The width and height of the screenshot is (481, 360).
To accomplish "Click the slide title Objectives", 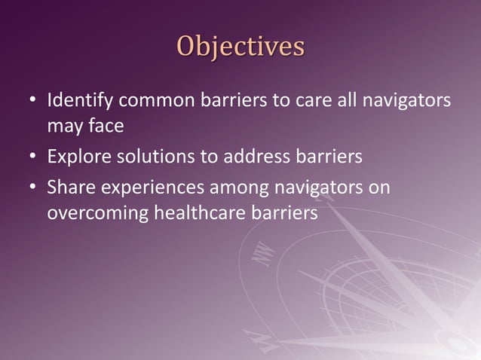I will pyautogui.click(x=240, y=45).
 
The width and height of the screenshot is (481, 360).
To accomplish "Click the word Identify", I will pyautogui.click(x=77, y=100).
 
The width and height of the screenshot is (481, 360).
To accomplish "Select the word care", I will pyautogui.click(x=315, y=100).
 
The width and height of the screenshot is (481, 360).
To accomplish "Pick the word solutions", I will pyautogui.click(x=145, y=157).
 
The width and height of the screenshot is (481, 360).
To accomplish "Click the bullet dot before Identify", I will pyautogui.click(x=32, y=101).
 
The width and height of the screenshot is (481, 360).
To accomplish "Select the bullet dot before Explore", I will pyautogui.click(x=32, y=158).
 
